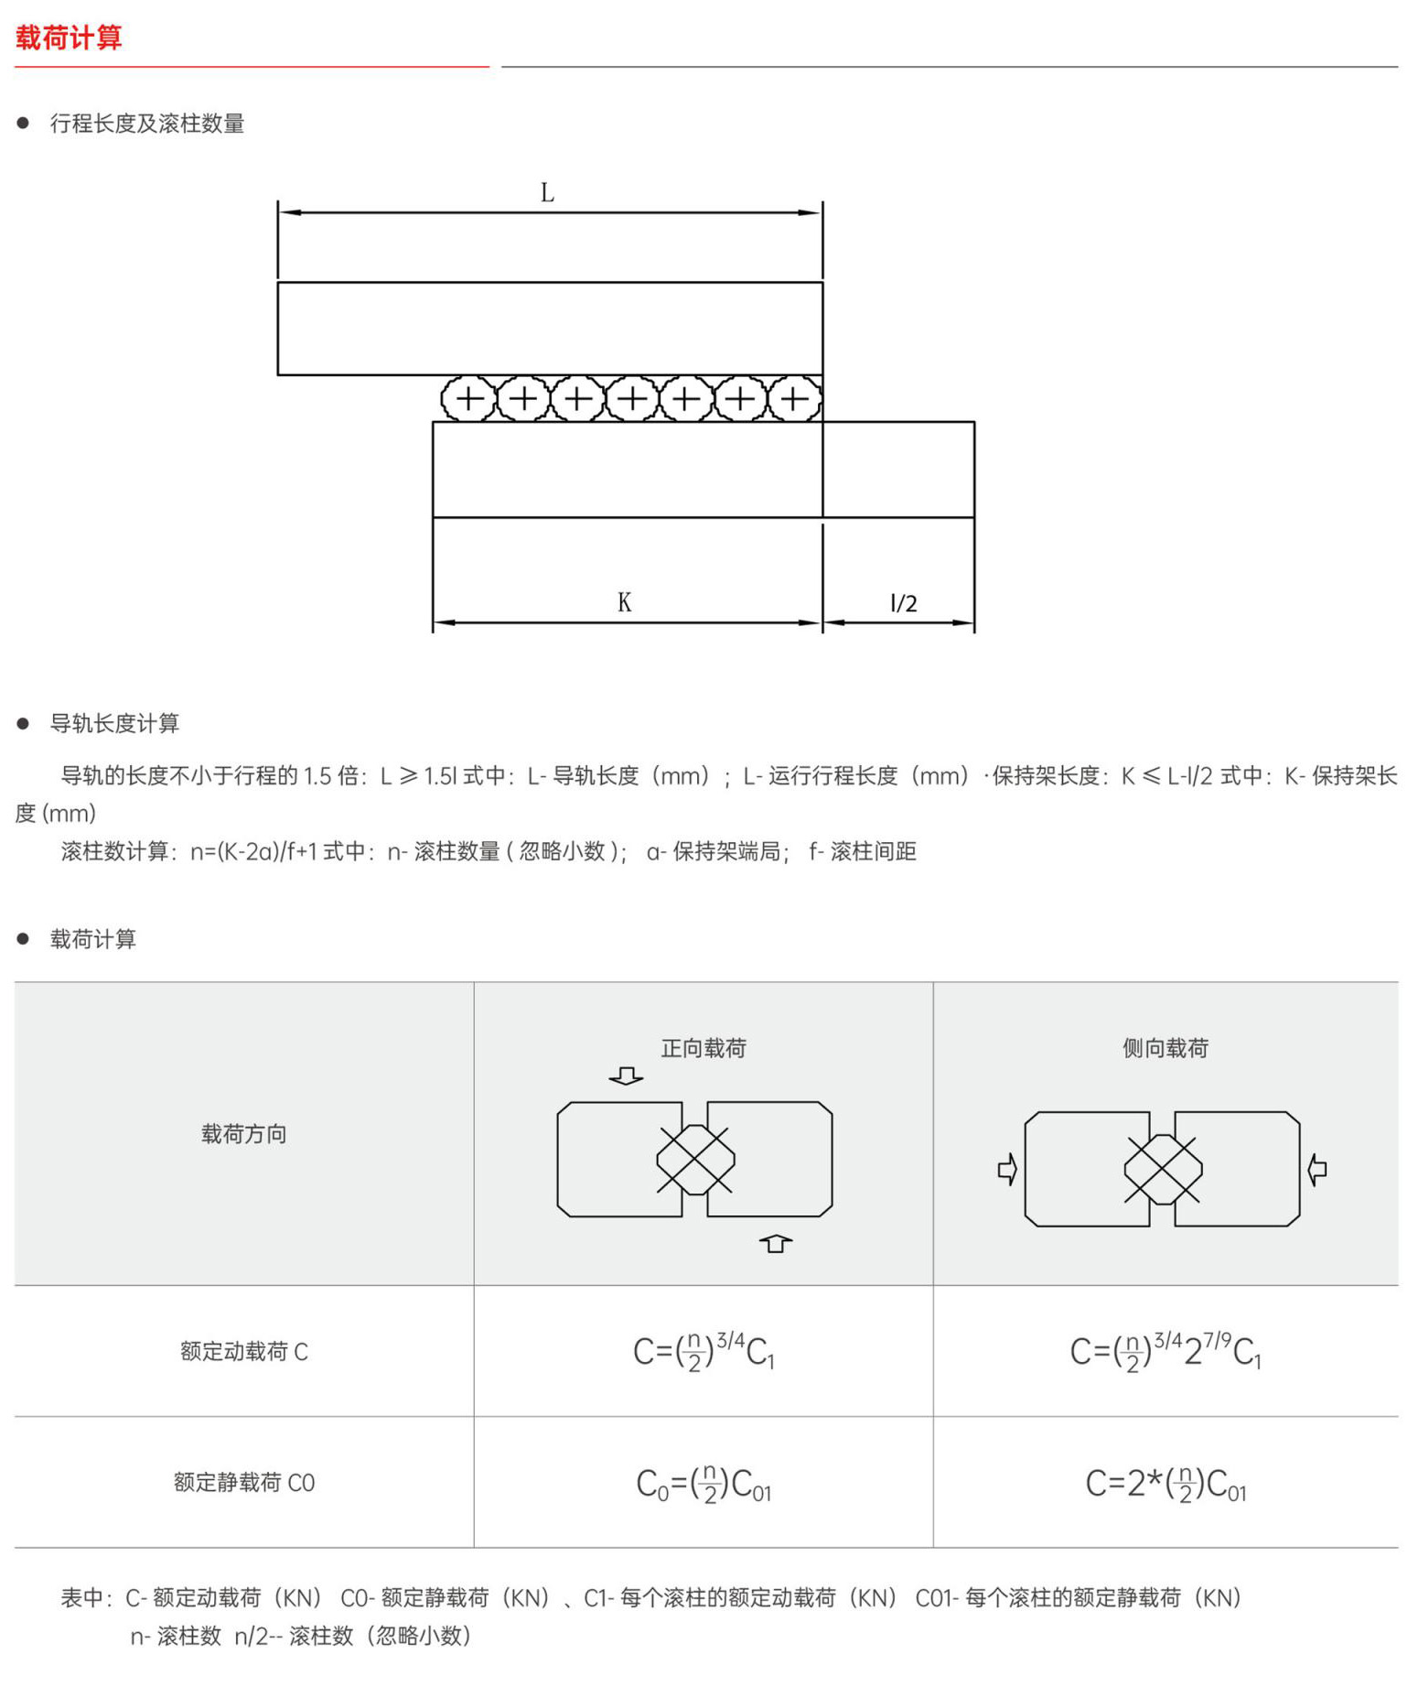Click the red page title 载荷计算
[x=69, y=38]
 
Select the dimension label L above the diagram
[x=547, y=193]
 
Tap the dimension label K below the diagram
[x=624, y=602]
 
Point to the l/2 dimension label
[x=903, y=603]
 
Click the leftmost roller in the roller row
[x=468, y=399]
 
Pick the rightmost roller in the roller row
[x=794, y=399]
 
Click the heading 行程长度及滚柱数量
[x=147, y=124]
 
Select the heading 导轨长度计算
[x=114, y=723]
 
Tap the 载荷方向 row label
[x=244, y=1134]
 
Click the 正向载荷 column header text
[x=704, y=1048]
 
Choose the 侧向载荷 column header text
[x=1166, y=1048]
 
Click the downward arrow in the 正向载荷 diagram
[x=626, y=1075]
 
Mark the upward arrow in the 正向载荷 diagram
[x=776, y=1243]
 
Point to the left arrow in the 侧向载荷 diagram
[x=1007, y=1169]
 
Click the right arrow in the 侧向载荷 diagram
[x=1317, y=1169]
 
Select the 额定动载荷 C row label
[x=244, y=1351]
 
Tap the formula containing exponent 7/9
[x=1166, y=1351]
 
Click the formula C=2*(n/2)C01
[x=1166, y=1483]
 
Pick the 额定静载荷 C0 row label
[x=244, y=1483]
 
